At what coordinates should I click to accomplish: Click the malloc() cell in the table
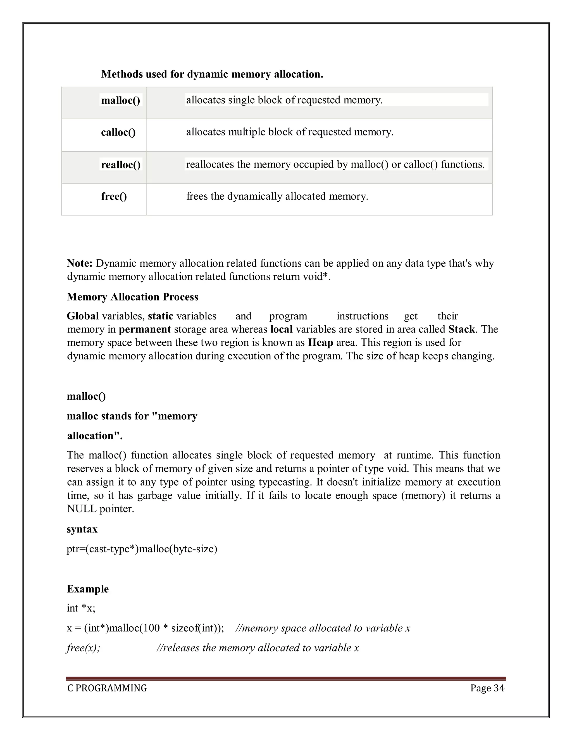point(120,101)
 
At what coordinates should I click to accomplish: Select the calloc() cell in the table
point(118,132)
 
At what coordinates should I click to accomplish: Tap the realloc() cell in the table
point(121,165)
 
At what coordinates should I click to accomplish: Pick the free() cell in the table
point(114,197)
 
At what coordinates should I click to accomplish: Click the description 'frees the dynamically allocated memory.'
point(277,197)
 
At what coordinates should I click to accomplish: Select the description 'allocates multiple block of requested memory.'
point(289,132)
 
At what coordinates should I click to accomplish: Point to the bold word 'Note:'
point(80,263)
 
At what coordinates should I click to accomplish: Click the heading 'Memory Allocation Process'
point(132,297)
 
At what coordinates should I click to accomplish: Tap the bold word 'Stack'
point(461,329)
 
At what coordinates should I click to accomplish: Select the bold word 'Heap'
point(320,343)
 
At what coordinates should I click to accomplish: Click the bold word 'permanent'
point(145,329)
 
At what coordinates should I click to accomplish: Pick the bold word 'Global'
point(83,316)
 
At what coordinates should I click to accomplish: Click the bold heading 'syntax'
point(82,529)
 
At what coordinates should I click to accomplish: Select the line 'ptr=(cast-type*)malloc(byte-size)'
point(142,549)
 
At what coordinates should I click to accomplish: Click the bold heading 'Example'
point(88,589)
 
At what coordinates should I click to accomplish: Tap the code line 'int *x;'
point(81,608)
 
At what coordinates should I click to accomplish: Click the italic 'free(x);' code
point(83,648)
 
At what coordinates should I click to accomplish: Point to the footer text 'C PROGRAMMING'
point(107,688)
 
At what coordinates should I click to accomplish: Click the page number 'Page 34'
point(487,688)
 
